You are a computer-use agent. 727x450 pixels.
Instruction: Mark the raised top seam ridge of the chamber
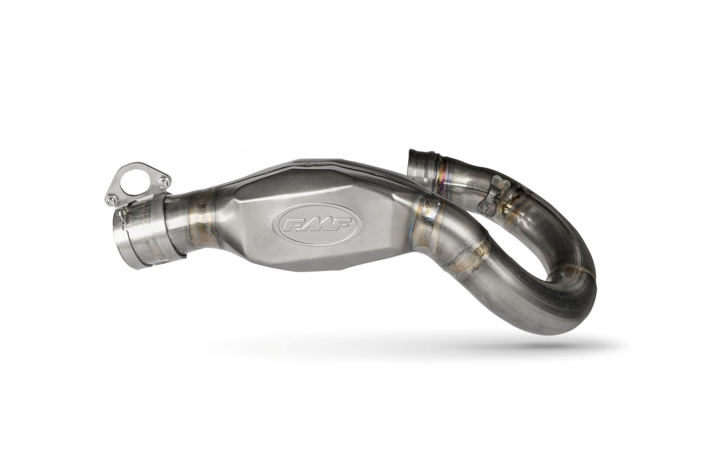322,176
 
